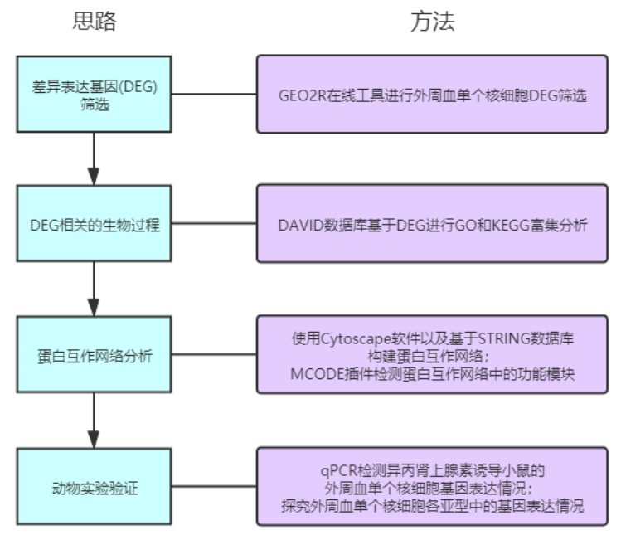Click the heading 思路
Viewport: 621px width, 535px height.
coord(94,22)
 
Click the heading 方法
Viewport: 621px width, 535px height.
coord(432,22)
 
